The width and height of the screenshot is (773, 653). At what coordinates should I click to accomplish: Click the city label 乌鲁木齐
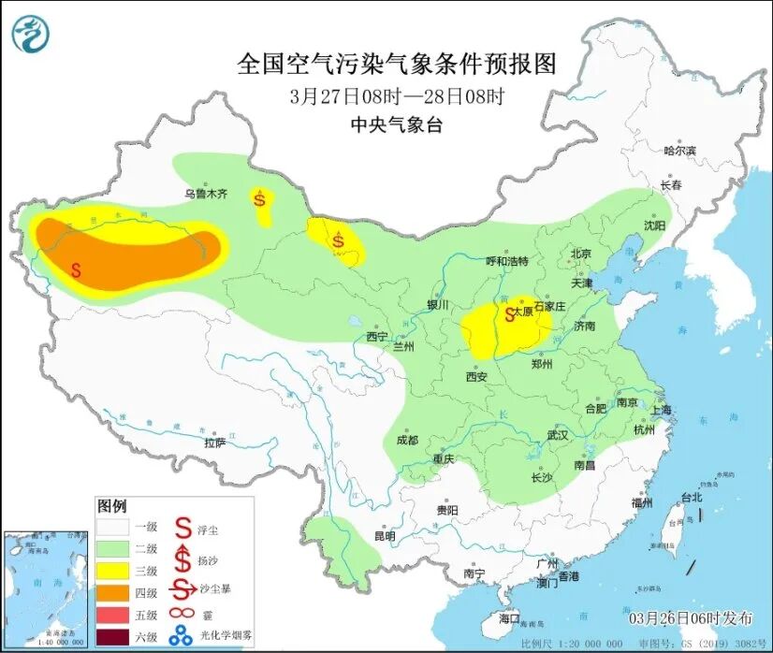click(x=205, y=194)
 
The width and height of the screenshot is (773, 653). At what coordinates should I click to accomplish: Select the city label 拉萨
click(x=214, y=443)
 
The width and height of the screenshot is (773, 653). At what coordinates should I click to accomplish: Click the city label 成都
click(x=407, y=439)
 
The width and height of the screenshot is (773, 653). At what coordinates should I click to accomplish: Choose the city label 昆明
click(x=385, y=536)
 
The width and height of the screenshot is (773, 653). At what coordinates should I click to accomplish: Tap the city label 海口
click(x=508, y=618)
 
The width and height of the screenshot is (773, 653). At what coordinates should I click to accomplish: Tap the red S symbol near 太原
click(x=510, y=314)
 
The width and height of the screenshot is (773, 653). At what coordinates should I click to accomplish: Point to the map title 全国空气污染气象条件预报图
click(x=397, y=64)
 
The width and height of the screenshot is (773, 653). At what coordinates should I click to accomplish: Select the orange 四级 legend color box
click(x=114, y=592)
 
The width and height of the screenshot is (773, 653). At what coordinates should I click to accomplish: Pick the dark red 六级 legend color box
click(x=114, y=638)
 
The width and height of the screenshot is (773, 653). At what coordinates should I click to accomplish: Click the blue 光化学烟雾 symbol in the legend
click(x=181, y=638)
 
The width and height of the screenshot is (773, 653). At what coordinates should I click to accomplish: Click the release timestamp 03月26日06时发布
click(x=690, y=618)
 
